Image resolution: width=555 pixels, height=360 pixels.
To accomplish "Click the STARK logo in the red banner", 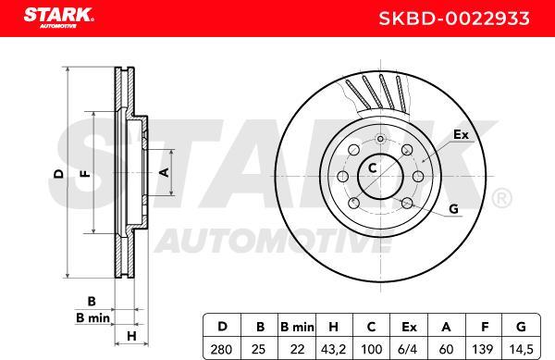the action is [58, 18].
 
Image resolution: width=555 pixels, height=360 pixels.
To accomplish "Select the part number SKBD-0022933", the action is [454, 19].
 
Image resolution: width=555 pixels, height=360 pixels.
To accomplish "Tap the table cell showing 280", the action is [221, 350].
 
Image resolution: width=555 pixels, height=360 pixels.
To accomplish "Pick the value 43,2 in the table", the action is [333, 350].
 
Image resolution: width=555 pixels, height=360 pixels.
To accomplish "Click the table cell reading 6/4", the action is [407, 350].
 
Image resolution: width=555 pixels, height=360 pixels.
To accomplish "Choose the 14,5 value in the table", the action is [521, 350].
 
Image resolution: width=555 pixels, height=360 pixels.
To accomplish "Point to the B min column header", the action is [297, 327].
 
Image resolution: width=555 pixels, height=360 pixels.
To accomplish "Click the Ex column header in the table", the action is [409, 327].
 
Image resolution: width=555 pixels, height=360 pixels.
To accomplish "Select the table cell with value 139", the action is [483, 350].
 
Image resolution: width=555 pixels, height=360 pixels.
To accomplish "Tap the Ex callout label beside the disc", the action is [461, 134].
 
